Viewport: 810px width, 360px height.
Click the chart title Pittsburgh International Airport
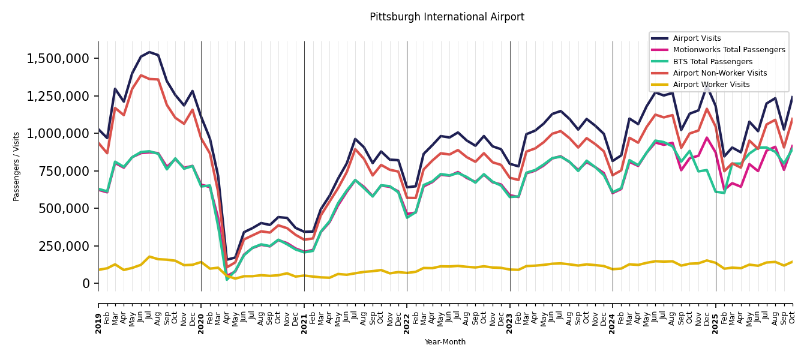tap(446, 17)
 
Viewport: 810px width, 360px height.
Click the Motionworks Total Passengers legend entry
tap(728, 50)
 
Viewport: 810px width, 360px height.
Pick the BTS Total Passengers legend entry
tap(712, 62)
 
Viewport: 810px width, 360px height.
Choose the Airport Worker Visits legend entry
tap(711, 85)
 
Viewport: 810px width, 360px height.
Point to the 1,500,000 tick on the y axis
tap(58, 59)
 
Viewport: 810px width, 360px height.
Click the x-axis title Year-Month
tap(445, 342)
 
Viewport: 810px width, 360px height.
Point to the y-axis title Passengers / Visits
tap(17, 166)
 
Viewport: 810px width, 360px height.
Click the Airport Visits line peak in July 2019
tap(149, 52)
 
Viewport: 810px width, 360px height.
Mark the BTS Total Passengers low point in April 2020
tap(227, 279)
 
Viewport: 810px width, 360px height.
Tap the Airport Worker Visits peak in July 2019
tap(149, 257)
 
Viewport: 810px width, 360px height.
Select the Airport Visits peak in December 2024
tap(707, 85)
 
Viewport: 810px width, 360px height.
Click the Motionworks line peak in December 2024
tap(707, 137)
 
